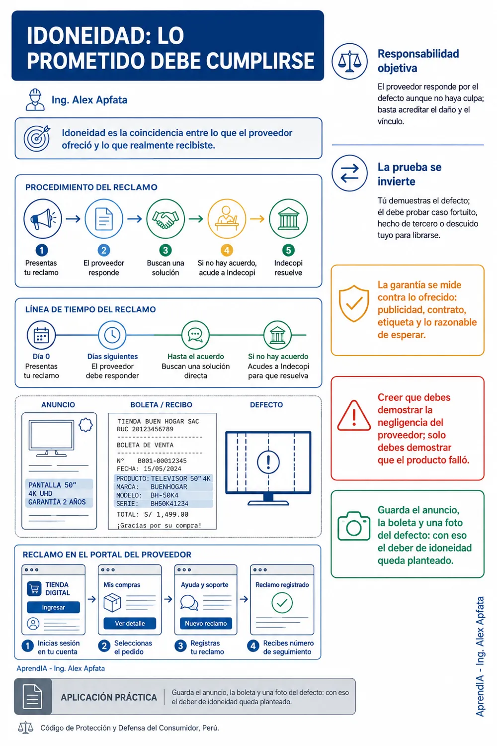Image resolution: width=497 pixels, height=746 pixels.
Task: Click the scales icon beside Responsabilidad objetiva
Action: pyautogui.click(x=349, y=61)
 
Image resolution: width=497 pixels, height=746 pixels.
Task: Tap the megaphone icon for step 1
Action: pyautogui.click(x=43, y=219)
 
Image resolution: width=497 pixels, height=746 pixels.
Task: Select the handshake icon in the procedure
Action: pyautogui.click(x=166, y=219)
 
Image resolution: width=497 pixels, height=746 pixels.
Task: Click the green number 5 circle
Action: pyautogui.click(x=288, y=250)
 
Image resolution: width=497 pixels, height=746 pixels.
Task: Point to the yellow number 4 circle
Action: pyautogui.click(x=227, y=250)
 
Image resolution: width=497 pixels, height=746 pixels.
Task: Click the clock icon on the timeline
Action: pyautogui.click(x=112, y=335)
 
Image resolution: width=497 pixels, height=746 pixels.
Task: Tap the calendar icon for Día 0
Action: pyautogui.click(x=41, y=335)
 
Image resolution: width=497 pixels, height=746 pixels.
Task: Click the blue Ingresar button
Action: pyautogui.click(x=53, y=607)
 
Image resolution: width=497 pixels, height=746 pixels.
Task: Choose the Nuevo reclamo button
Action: pyautogui.click(x=206, y=623)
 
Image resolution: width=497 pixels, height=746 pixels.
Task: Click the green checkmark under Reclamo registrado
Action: pyautogui.click(x=282, y=603)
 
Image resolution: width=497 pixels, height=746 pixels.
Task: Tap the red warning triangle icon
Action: pyautogui.click(x=354, y=416)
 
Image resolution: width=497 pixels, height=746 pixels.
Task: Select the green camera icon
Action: pyautogui.click(x=354, y=526)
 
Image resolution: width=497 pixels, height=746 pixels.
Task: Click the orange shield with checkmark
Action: pyautogui.click(x=354, y=303)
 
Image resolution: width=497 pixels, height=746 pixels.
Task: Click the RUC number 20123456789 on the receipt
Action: pyautogui.click(x=153, y=429)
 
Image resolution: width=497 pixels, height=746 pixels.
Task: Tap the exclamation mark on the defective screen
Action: pyautogui.click(x=268, y=462)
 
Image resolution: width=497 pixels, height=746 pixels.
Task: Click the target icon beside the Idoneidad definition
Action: pyautogui.click(x=37, y=138)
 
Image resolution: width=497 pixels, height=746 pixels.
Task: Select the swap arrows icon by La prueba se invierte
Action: pyautogui.click(x=349, y=173)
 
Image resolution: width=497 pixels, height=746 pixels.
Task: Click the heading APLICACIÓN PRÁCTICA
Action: pyautogui.click(x=109, y=697)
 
